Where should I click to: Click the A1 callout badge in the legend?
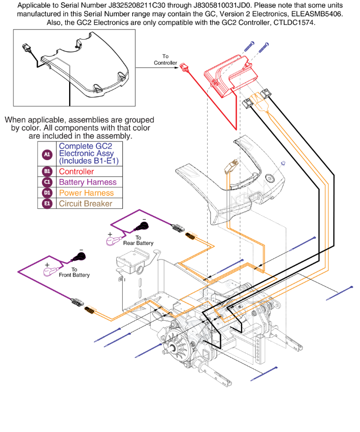[47, 154]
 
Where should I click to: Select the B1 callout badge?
[47, 171]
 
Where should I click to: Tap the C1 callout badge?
[47, 182]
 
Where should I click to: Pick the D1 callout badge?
[47, 193]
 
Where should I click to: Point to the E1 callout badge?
[47, 204]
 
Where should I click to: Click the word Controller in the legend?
[76, 171]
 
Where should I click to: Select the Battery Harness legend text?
[88, 182]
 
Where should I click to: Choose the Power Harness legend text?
[86, 193]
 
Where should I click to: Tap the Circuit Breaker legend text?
[85, 204]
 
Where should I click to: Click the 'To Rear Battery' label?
[138, 241]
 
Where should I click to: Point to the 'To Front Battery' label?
[74, 272]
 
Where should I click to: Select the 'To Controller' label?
[165, 60]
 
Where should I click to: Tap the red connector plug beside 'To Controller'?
[184, 67]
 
